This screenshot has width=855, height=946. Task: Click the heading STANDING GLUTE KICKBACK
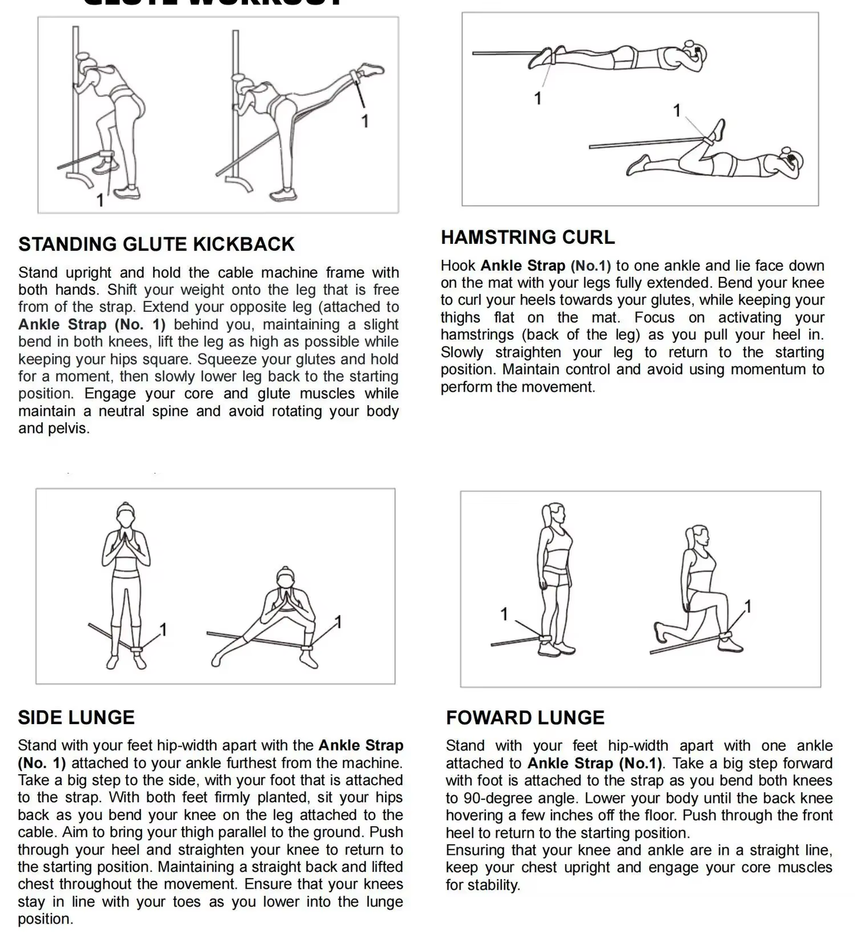[156, 244]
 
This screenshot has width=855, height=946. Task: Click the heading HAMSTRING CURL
[527, 237]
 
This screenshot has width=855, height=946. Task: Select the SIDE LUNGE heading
[76, 717]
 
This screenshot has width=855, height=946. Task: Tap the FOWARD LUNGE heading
[525, 718]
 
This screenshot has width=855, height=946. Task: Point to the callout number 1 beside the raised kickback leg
[365, 121]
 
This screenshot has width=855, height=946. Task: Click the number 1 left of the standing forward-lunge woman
[504, 614]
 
